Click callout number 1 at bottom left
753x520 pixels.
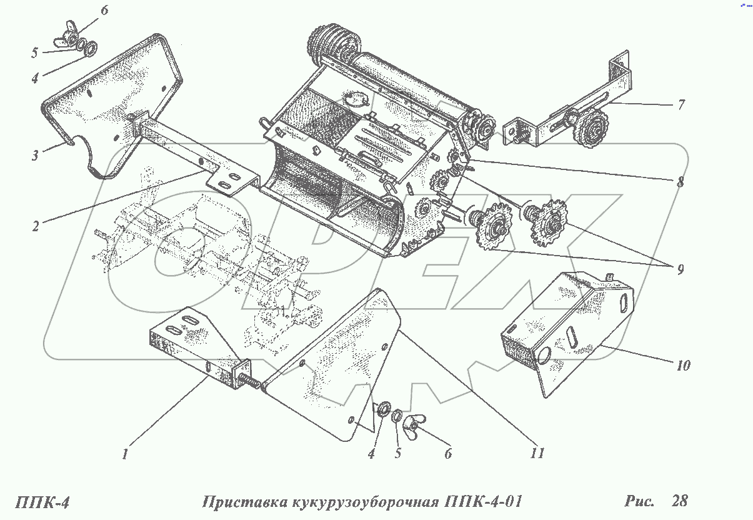point(125,454)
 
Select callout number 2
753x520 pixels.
point(36,226)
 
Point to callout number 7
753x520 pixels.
point(681,104)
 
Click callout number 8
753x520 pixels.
point(679,182)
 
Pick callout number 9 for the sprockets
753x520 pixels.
point(679,269)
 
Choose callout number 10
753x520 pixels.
point(682,365)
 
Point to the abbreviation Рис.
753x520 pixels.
point(638,501)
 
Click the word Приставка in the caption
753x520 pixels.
point(242,502)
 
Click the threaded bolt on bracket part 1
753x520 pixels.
point(250,381)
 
